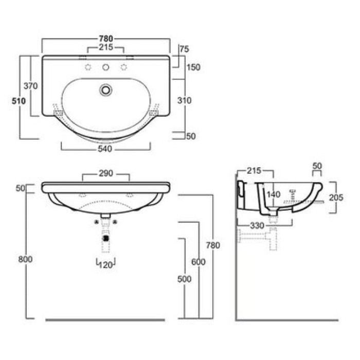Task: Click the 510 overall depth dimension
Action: [x=19, y=101]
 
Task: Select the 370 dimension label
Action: [x=30, y=86]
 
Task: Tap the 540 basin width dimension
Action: [x=105, y=149]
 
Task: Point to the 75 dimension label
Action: [x=184, y=49]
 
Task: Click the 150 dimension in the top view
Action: [x=193, y=67]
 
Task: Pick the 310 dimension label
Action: [x=184, y=100]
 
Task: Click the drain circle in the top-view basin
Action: [x=106, y=90]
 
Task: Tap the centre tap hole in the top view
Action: [x=105, y=67]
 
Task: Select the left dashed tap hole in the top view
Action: [x=88, y=67]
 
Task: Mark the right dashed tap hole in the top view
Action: [x=124, y=67]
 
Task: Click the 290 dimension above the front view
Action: [x=106, y=173]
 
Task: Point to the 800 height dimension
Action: [x=25, y=259]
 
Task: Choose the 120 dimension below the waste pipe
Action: [x=105, y=265]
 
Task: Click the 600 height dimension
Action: [x=199, y=262]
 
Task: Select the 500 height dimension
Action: [x=184, y=279]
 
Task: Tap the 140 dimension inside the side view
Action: [x=274, y=195]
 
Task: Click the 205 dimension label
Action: [x=336, y=197]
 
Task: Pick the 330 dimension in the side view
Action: [x=257, y=226]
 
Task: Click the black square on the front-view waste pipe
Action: [x=106, y=239]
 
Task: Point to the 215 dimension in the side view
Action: [x=254, y=171]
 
